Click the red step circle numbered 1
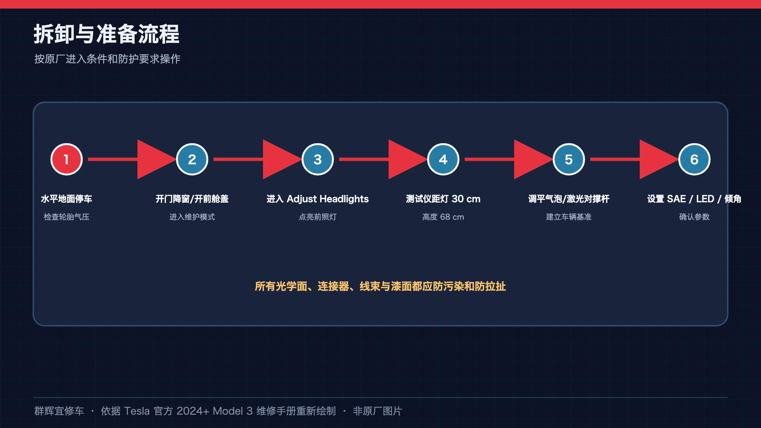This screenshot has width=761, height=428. (66, 159)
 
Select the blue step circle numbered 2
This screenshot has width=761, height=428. (192, 159)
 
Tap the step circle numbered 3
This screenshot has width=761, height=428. (318, 159)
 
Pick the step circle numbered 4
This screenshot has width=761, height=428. (443, 159)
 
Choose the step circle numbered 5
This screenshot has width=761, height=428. (569, 159)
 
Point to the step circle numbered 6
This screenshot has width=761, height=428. (694, 159)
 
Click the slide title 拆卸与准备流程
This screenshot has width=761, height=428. (107, 34)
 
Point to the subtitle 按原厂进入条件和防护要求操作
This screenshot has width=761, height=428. (107, 59)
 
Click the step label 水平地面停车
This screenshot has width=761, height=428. (67, 199)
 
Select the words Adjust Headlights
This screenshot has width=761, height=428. (328, 199)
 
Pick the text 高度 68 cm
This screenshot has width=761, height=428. (443, 217)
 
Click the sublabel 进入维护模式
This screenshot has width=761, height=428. (192, 217)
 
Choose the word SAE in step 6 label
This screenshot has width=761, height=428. (676, 199)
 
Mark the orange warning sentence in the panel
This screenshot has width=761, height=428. (380, 286)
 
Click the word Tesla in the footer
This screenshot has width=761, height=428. (137, 411)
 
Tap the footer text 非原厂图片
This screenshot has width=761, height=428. (378, 411)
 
